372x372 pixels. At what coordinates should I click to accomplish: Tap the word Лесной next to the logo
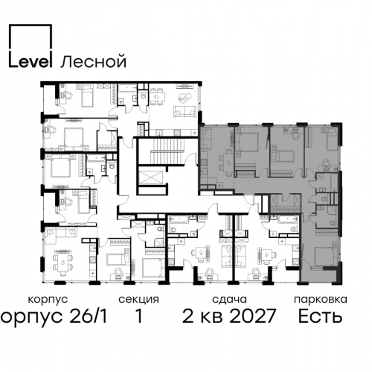94,61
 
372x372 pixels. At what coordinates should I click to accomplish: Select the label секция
138,299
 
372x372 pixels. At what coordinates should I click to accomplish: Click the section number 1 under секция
139,316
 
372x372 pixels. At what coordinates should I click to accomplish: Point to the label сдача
229,299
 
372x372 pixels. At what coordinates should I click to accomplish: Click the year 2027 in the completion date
252,316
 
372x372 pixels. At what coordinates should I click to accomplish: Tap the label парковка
321,300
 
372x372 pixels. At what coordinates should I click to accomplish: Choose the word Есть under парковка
320,316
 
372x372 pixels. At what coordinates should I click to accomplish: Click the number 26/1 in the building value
89,316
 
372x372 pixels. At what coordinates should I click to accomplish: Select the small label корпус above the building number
48,300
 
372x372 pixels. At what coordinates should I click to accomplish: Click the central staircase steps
168,151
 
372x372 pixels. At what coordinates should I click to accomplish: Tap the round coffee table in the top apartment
184,98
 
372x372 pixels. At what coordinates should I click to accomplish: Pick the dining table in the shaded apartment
228,163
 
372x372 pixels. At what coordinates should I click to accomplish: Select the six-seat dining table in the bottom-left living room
63,262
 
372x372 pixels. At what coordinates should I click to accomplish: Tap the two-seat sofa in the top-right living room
185,111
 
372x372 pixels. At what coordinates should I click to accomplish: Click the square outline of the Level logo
31,25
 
